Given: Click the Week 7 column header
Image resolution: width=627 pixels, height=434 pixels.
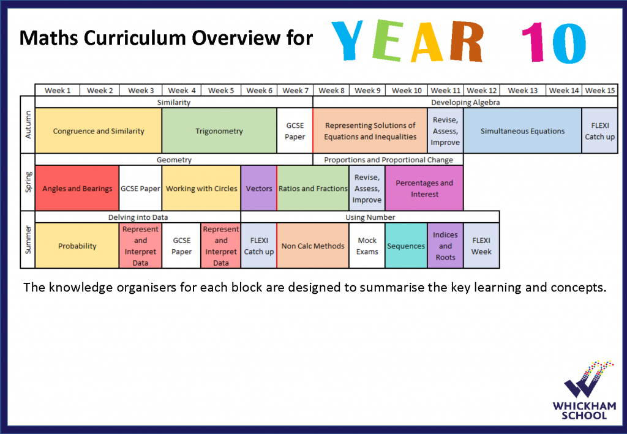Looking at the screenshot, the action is (x=295, y=91).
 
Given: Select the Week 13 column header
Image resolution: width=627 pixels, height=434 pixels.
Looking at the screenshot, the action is (x=523, y=91).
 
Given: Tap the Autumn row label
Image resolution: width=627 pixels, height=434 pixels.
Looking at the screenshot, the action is (x=28, y=125).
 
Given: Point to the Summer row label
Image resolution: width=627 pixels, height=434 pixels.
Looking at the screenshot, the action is (x=28, y=240).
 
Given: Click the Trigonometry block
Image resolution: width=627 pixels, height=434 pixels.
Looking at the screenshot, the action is (x=219, y=130).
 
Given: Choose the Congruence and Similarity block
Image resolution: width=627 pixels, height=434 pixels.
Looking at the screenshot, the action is (x=99, y=130).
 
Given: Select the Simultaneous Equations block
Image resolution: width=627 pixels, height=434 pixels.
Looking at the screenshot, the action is (x=522, y=130).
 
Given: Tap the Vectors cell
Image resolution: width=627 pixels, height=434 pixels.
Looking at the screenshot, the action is (x=259, y=188).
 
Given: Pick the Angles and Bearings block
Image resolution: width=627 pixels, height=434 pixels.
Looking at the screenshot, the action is (x=77, y=188).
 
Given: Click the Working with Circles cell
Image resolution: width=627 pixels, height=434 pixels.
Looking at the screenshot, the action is (x=201, y=188).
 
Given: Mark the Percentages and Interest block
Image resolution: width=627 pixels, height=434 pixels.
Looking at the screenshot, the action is (x=424, y=188).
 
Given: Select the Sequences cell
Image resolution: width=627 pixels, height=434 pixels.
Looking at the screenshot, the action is (x=406, y=246).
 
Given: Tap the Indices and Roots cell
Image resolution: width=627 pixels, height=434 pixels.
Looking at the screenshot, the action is (x=445, y=246).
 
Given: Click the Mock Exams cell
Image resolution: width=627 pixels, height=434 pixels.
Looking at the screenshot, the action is (x=367, y=246).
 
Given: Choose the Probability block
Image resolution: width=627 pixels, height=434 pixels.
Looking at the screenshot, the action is (x=77, y=246).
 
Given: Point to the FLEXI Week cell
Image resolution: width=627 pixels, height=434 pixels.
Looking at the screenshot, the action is (x=481, y=246).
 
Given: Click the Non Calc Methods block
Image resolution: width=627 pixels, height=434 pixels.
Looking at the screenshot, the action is (x=313, y=246).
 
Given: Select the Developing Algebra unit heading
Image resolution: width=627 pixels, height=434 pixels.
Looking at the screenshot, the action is (x=465, y=102).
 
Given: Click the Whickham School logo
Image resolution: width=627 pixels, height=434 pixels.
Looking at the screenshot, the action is (x=584, y=390).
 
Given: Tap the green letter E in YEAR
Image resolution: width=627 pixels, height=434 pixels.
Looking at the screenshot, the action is (x=386, y=40).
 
